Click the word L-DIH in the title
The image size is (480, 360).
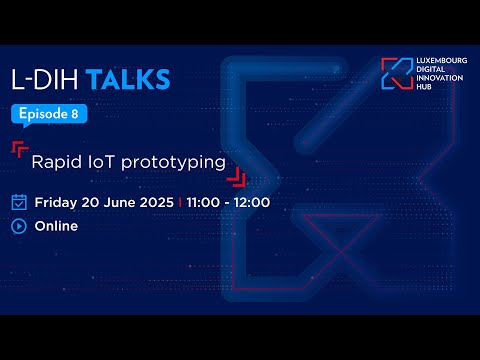(46, 80)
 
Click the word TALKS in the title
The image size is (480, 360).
(127, 80)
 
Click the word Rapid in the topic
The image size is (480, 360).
(53, 160)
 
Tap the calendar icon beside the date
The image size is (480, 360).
(19, 202)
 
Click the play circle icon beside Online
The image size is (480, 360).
(19, 226)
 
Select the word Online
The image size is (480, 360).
(57, 226)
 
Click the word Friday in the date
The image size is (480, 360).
(57, 202)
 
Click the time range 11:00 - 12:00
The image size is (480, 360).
(227, 202)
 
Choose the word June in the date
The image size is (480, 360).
(118, 202)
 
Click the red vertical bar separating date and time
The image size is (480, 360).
(179, 202)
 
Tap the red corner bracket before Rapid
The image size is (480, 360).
(19, 149)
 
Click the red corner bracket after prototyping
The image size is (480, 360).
(236, 178)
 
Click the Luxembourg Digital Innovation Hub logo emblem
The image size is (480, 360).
(396, 73)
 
